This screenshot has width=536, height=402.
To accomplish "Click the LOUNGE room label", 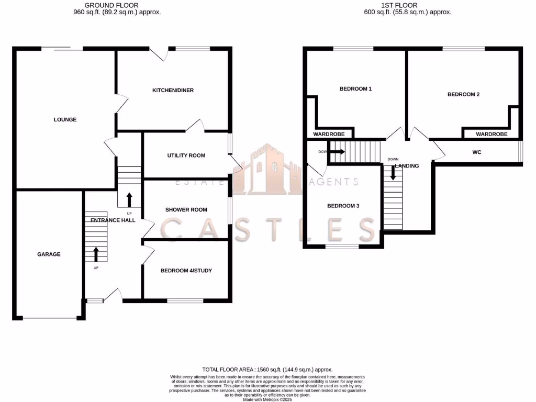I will pos(65,119).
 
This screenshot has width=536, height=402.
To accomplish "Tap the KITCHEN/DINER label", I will pos(173,91).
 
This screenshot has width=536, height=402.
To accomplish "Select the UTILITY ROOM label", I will pos(186,155).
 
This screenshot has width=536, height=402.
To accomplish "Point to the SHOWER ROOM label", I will pos(186,210).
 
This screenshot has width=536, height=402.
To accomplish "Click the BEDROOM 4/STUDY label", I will pos(186,271).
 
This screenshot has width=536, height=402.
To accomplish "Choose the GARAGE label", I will pos(49,254).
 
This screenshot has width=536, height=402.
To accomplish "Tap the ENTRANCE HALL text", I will pos(113,220).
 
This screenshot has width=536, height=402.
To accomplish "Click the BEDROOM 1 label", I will pos(355,89).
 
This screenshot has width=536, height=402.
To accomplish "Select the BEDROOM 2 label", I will pos(463,95).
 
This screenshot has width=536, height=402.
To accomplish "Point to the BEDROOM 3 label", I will pos(343,206).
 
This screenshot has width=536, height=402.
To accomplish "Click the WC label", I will pos(476,152).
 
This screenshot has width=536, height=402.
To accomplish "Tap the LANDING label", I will pos(407,166).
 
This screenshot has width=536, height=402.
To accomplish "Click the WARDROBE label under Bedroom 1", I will pos(329,135).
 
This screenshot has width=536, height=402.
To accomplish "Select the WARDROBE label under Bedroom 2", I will pos(492,135).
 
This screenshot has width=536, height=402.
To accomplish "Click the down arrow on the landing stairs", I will pos(393,173).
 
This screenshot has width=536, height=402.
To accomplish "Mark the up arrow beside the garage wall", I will pos(96,254).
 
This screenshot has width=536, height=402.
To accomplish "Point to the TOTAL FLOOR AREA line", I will pos(267,370).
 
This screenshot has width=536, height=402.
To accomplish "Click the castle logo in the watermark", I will pos(267,169).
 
